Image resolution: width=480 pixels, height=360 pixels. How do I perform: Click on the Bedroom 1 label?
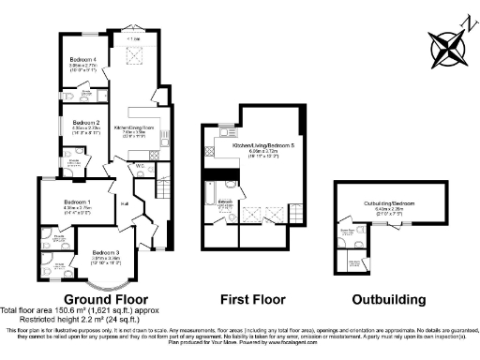click(x=77, y=202)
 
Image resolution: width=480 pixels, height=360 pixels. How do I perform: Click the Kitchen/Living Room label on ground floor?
click(x=134, y=126)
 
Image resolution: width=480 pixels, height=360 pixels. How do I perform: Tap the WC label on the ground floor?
click(x=139, y=167)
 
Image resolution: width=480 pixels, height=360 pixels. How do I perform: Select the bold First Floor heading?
click(x=249, y=299)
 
